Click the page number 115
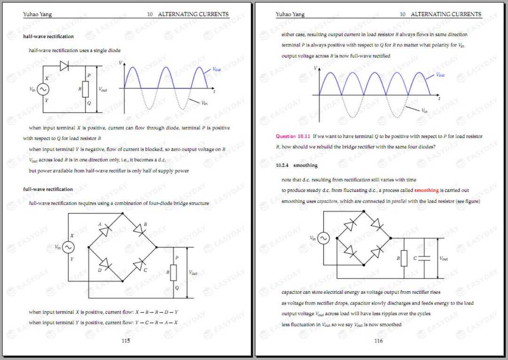[126, 341]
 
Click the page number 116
[378, 341]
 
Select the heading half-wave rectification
[48, 37]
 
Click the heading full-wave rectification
[48, 189]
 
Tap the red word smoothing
[426, 190]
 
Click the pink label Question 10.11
[293, 136]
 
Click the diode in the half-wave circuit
[64, 66]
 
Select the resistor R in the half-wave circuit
[85, 89]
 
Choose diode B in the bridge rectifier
[139, 230]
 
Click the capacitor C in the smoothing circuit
[424, 258]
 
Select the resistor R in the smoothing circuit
[404, 258]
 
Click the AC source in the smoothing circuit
[323, 238]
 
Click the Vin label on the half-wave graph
[204, 102]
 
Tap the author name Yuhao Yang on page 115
[38, 14]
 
